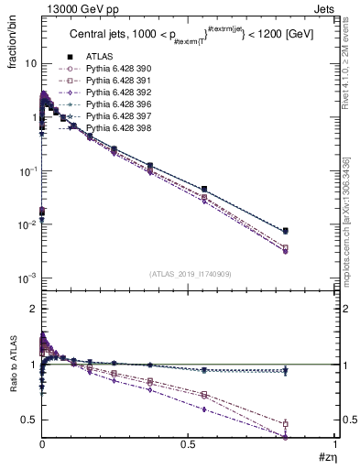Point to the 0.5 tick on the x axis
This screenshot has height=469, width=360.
tap(188, 444)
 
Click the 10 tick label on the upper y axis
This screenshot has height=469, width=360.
tap(29, 64)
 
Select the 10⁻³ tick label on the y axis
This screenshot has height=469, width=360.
tap(27, 278)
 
